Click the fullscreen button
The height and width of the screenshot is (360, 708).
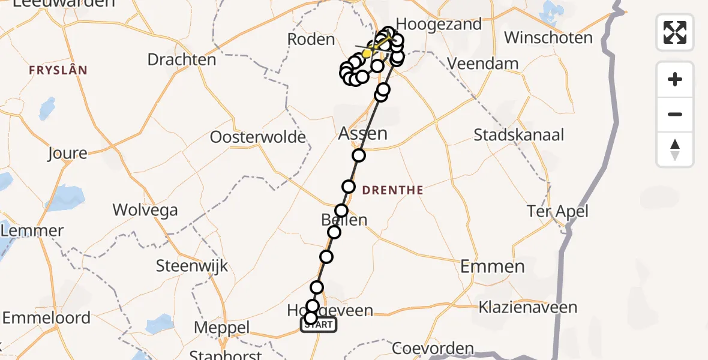[x=675, y=32]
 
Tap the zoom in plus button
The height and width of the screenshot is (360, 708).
[x=675, y=79]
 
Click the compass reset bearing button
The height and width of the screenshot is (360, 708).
[x=675, y=150]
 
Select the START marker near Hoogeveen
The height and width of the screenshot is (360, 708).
[x=319, y=325]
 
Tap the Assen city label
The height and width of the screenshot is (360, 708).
[x=362, y=133]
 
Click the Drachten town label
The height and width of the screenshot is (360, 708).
[x=181, y=60]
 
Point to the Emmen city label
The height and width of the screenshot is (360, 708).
[x=492, y=266]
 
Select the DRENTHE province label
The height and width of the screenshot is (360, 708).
[x=393, y=190]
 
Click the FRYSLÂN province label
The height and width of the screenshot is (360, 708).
[x=58, y=70]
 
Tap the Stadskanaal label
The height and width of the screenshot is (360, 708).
[x=518, y=135]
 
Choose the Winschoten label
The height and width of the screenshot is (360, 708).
[x=548, y=38]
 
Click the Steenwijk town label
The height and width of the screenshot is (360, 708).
[x=192, y=266]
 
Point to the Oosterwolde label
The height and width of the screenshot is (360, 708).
[x=257, y=137]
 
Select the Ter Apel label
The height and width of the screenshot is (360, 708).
[x=557, y=211]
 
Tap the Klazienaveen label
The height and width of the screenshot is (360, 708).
[x=527, y=308]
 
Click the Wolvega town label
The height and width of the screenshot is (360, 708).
[x=145, y=210]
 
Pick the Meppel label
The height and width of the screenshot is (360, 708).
[x=222, y=328]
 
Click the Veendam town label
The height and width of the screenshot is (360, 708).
[x=482, y=64]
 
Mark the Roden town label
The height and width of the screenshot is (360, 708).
[x=311, y=40]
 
